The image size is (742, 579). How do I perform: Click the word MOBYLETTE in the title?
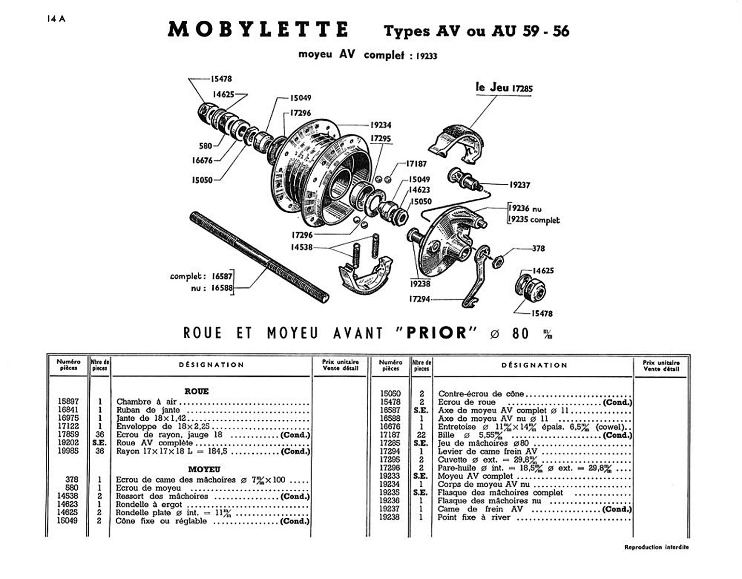pyautogui.click(x=258, y=30)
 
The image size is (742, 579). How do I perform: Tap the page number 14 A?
pyautogui.click(x=56, y=19)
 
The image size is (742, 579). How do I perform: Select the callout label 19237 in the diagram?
pyautogui.click(x=520, y=185)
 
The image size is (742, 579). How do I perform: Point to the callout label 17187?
pyautogui.click(x=416, y=164)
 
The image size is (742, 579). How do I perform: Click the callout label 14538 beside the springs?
pyautogui.click(x=302, y=247)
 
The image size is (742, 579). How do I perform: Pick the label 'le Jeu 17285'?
pyautogui.click(x=504, y=88)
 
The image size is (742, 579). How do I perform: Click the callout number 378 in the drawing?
pyautogui.click(x=538, y=248)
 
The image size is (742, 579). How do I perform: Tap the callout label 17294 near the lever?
pyautogui.click(x=420, y=299)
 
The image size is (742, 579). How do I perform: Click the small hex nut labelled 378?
pyautogui.click(x=496, y=262)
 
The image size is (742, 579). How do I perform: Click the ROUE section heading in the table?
pyautogui.click(x=197, y=391)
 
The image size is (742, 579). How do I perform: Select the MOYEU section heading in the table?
pyautogui.click(x=204, y=469)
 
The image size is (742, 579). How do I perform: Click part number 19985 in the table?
pyautogui.click(x=68, y=451)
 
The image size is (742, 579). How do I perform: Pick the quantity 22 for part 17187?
pyautogui.click(x=421, y=435)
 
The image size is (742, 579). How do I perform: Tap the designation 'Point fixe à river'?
pyautogui.click(x=474, y=517)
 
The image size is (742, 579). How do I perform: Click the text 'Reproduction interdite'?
pyautogui.click(x=656, y=547)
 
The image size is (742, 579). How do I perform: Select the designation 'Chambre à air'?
pyautogui.click(x=147, y=401)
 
